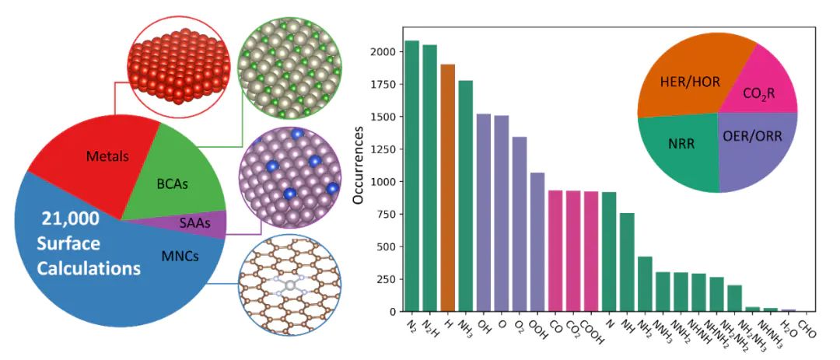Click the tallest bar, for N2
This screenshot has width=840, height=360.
pyautogui.click(x=412, y=176)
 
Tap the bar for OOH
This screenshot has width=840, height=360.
pyautogui.click(x=537, y=242)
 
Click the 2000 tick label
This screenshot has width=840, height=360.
pyautogui.click(x=390, y=52)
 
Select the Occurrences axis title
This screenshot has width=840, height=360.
pyautogui.click(x=359, y=170)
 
